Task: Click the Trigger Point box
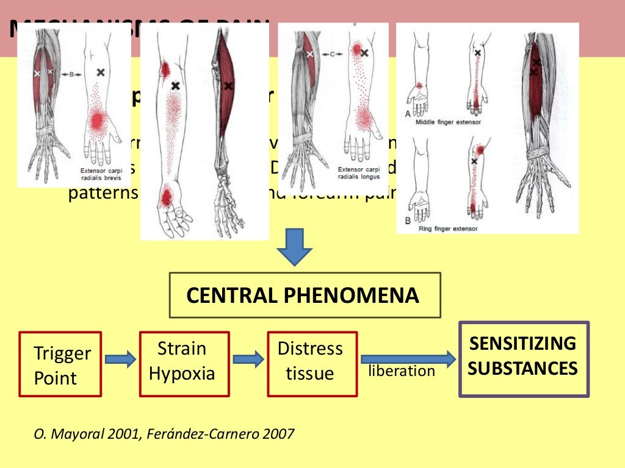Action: point(60,364)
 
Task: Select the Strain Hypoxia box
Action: point(184,364)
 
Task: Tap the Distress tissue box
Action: point(312,364)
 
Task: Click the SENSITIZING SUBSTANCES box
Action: point(524,359)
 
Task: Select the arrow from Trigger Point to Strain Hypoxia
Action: point(120,360)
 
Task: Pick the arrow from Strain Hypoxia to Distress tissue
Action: point(248,360)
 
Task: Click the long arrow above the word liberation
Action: point(408,359)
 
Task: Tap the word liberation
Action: point(402,371)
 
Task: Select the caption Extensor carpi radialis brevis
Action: point(101,174)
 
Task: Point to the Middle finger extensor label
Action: point(448,122)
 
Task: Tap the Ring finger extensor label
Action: point(448,229)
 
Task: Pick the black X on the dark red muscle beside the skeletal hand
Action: point(228,86)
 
